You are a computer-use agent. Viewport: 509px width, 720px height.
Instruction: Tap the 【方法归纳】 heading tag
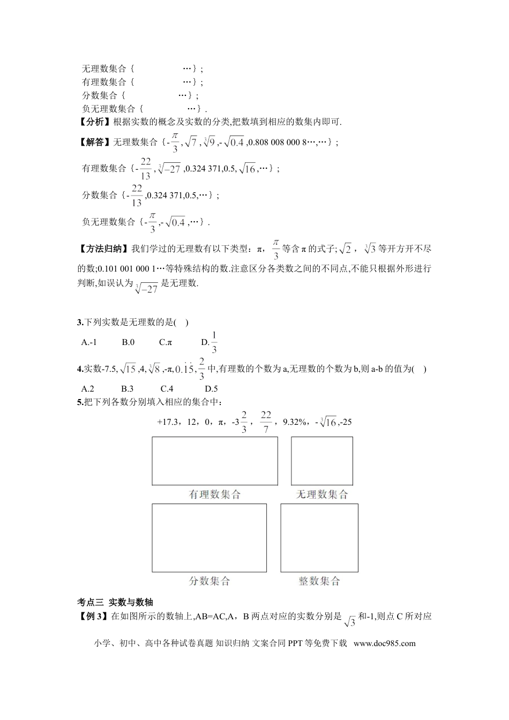coord(102,249)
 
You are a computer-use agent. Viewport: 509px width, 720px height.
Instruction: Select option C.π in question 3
coord(166,342)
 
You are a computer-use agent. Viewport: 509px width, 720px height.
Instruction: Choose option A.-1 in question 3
coord(89,342)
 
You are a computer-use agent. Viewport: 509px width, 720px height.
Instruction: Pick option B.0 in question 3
coord(128,342)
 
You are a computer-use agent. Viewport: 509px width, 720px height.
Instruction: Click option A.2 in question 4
coord(88,389)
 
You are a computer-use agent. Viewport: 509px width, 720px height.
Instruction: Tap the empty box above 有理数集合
coord(215,461)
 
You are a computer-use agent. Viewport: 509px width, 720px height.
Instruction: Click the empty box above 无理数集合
coord(322,461)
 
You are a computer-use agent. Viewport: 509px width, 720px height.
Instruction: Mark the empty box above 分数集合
coord(209,537)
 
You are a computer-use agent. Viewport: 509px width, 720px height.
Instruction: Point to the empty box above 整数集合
coord(319,537)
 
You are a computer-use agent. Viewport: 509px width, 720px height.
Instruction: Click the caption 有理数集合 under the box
coord(215,494)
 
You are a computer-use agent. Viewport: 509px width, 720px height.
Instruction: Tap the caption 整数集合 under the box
coord(319,581)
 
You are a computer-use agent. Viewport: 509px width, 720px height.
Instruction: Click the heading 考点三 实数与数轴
coord(115,603)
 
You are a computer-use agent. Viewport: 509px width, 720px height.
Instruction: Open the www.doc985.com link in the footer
coord(385,643)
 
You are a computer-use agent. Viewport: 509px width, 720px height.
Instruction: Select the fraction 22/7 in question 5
coord(266,422)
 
